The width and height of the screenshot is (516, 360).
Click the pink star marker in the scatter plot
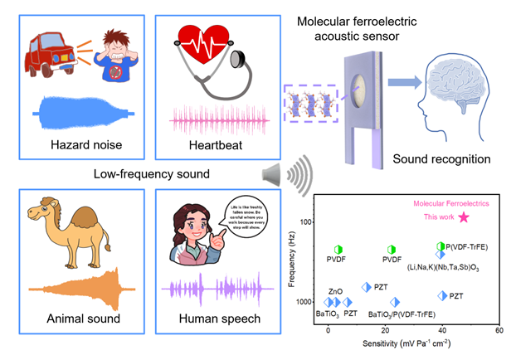tap(464, 217)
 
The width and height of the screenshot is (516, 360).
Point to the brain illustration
tap(459, 90)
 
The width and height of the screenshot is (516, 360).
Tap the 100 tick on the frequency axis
tap(310, 222)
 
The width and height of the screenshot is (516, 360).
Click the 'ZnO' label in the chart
tap(335, 292)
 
